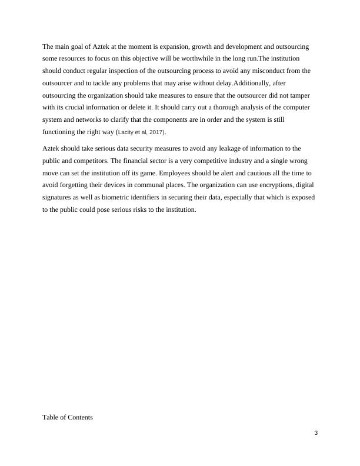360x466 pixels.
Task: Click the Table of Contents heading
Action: coord(68,417)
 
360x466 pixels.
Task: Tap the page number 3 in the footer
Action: coord(316,434)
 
